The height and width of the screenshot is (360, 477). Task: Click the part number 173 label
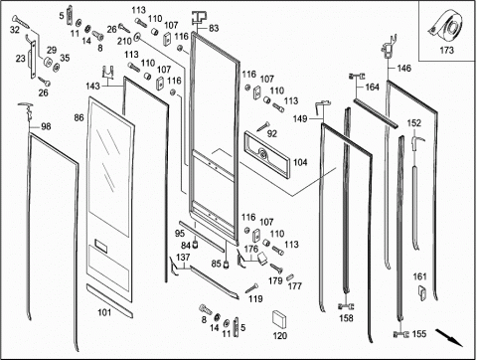446,51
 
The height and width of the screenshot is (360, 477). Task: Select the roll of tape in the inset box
445,26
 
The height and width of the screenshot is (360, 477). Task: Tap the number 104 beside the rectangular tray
300,162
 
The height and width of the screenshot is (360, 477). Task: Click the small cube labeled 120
279,320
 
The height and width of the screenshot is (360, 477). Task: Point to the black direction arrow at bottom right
449,337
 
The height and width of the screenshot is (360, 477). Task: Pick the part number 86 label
79,117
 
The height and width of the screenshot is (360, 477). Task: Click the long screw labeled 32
21,22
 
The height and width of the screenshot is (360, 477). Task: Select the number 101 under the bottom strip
104,312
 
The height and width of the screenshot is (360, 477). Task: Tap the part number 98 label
46,126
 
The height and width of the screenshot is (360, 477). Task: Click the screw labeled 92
263,126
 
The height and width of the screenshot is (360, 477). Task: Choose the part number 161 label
419,276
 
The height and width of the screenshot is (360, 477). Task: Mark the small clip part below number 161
422,292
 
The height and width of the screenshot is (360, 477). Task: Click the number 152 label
414,123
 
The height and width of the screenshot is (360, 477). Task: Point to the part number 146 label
404,69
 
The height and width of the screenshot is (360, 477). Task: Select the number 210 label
124,42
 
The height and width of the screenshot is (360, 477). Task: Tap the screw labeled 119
252,288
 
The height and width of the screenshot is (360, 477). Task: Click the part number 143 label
92,87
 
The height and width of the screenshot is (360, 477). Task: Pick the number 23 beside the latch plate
21,59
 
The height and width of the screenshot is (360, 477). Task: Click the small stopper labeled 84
196,245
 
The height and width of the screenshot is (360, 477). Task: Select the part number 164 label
372,88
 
